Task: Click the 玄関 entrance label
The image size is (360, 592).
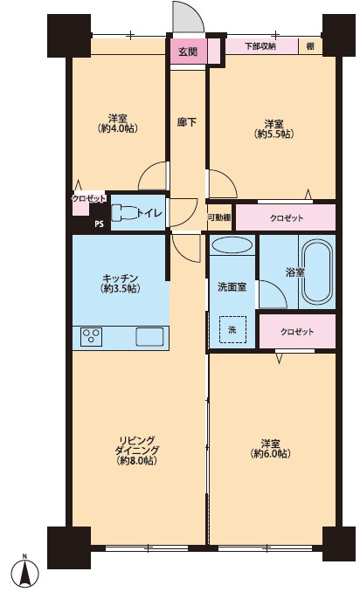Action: (x=188, y=52)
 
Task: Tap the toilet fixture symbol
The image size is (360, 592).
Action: (x=125, y=213)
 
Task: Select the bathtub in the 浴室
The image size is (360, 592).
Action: (x=316, y=272)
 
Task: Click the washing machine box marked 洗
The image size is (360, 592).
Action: (x=232, y=329)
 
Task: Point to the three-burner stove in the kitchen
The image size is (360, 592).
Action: (x=92, y=335)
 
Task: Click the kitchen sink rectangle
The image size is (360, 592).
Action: (x=150, y=336)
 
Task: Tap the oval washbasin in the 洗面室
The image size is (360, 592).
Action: (x=232, y=245)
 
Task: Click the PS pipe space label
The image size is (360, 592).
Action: (x=99, y=224)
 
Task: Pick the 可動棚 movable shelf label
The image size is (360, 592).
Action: (x=219, y=217)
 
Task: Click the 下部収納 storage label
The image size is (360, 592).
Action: (x=260, y=46)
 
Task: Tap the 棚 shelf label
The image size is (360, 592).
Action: (x=310, y=46)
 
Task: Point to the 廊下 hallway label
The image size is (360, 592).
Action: (x=187, y=122)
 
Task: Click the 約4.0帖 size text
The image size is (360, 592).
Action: (x=117, y=128)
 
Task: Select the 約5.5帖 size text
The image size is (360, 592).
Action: (x=273, y=134)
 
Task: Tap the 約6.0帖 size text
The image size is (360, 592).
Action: (x=271, y=453)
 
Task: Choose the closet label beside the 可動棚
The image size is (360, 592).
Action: (x=287, y=217)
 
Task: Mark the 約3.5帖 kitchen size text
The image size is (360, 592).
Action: (x=120, y=289)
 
